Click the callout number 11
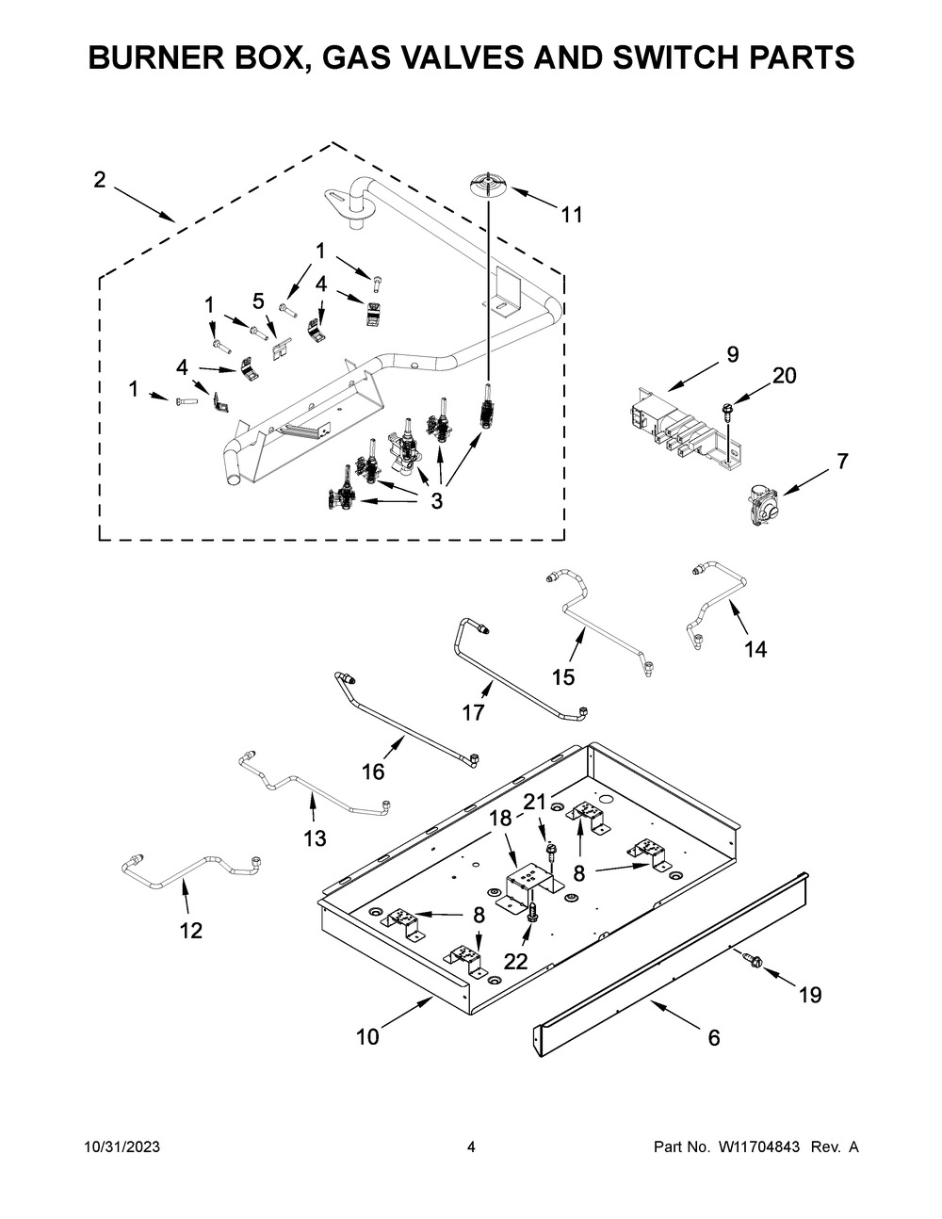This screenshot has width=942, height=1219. click(572, 215)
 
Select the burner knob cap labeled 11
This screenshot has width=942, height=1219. click(488, 186)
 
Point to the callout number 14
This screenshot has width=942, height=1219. click(755, 650)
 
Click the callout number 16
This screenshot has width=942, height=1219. click(373, 772)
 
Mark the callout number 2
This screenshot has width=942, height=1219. click(99, 180)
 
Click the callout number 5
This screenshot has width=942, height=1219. click(258, 301)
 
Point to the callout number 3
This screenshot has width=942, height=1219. click(437, 500)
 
